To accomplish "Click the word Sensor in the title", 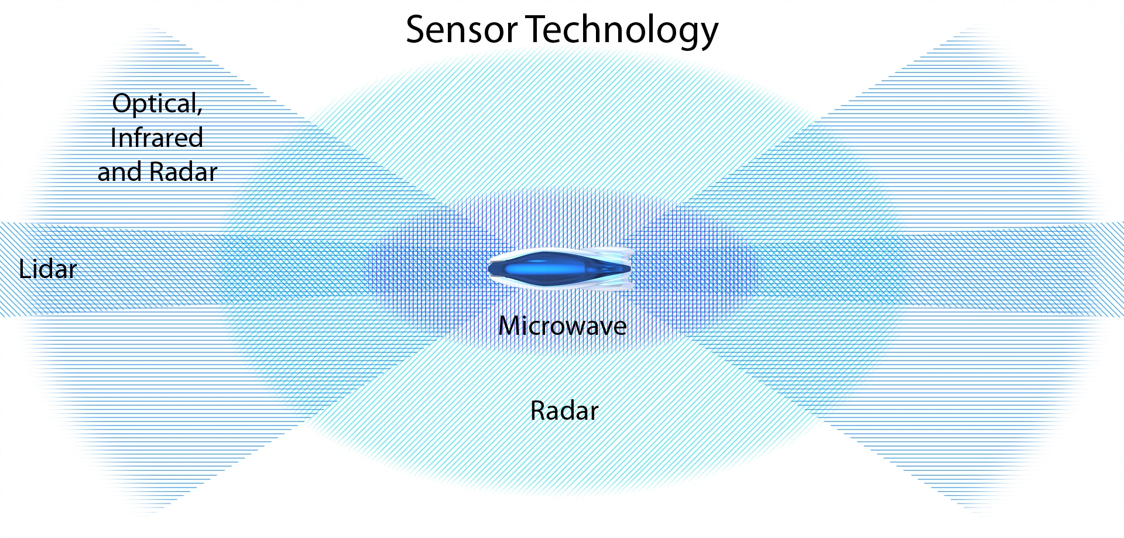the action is point(461,30).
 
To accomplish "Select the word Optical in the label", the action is point(155,104).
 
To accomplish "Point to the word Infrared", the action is point(157,138).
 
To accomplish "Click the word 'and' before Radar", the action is point(120,172).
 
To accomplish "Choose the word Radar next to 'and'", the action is point(183,172).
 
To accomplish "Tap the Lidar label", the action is point(48,269).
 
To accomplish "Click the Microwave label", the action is point(563,326).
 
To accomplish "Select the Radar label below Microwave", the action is point(564,411).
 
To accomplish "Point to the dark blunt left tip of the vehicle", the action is point(491,269).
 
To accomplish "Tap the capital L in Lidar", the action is point(25,269).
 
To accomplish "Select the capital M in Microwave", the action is point(510,326).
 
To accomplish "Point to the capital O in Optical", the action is point(122,104).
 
